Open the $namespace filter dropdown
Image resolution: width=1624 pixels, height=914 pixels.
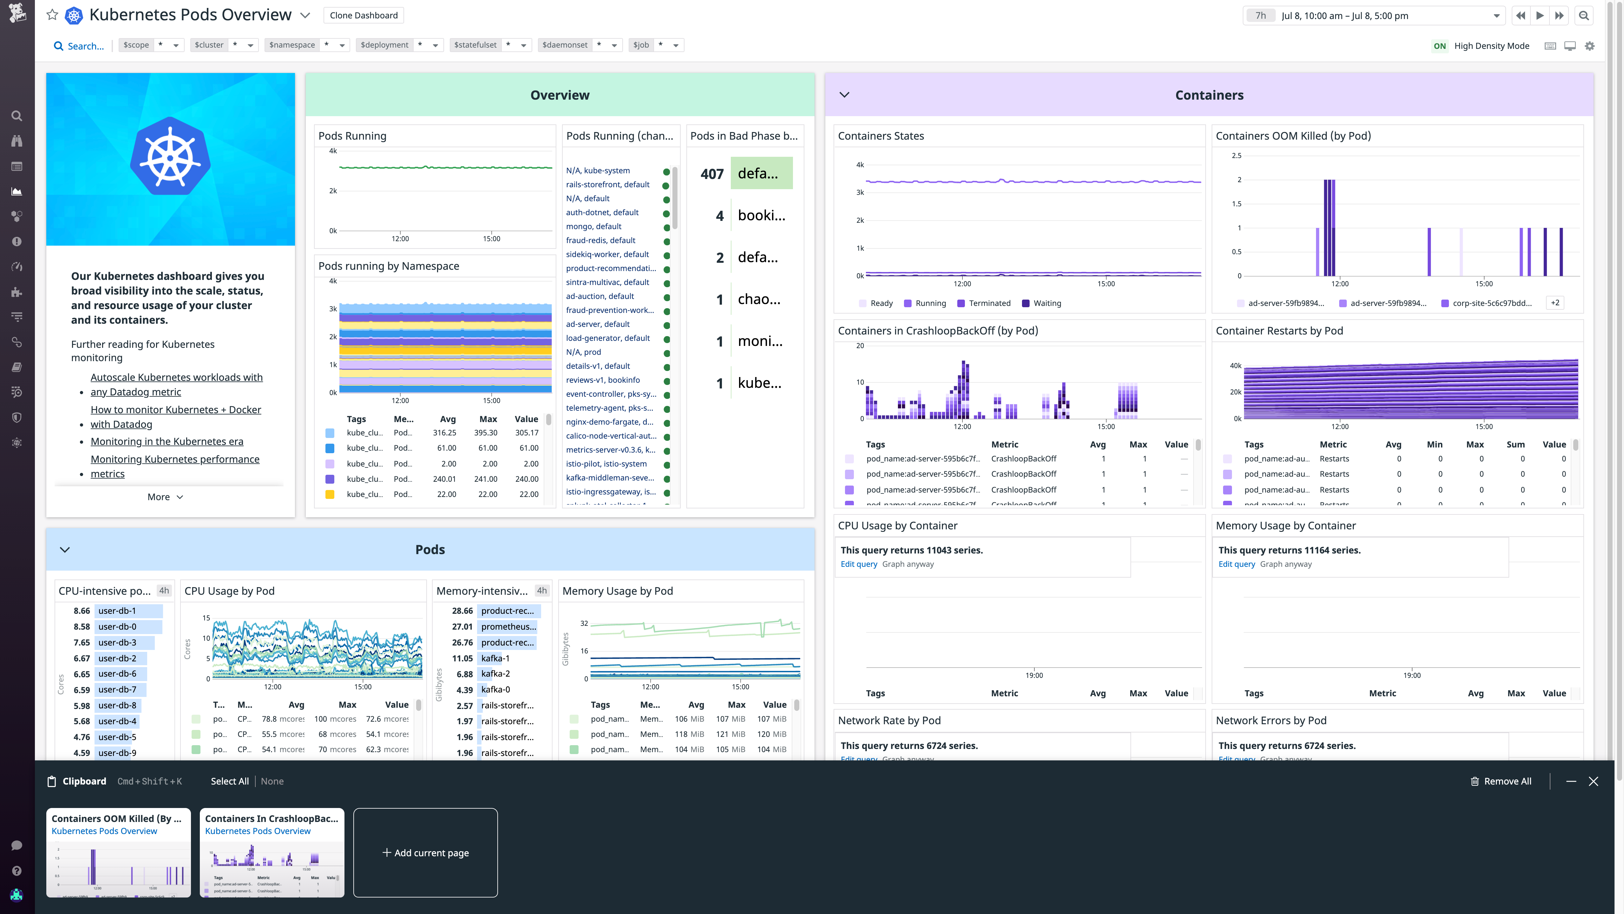pyautogui.click(x=342, y=45)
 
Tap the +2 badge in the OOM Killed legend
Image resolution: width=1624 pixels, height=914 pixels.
pyautogui.click(x=1555, y=303)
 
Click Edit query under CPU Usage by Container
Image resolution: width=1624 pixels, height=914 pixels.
pyautogui.click(x=858, y=564)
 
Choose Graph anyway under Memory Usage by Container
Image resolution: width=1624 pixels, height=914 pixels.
pyautogui.click(x=1286, y=564)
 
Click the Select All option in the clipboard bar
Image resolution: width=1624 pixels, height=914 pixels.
pyautogui.click(x=229, y=781)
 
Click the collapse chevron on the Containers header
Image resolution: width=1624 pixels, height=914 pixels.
pyautogui.click(x=844, y=95)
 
